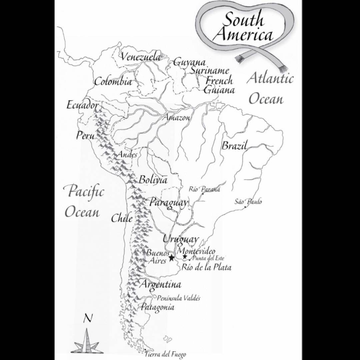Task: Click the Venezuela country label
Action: click(140, 57)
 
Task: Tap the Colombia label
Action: click(113, 82)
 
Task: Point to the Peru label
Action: click(85, 136)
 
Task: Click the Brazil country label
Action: click(234, 146)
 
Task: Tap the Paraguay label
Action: click(168, 202)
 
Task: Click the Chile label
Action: click(122, 219)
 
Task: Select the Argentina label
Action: click(161, 284)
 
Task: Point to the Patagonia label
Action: click(157, 307)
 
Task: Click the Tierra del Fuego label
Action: click(165, 354)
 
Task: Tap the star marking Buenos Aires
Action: click(172, 258)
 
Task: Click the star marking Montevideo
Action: click(185, 257)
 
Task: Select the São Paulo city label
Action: click(248, 202)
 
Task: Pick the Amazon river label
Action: click(177, 118)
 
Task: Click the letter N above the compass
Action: click(88, 318)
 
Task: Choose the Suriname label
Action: click(210, 71)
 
